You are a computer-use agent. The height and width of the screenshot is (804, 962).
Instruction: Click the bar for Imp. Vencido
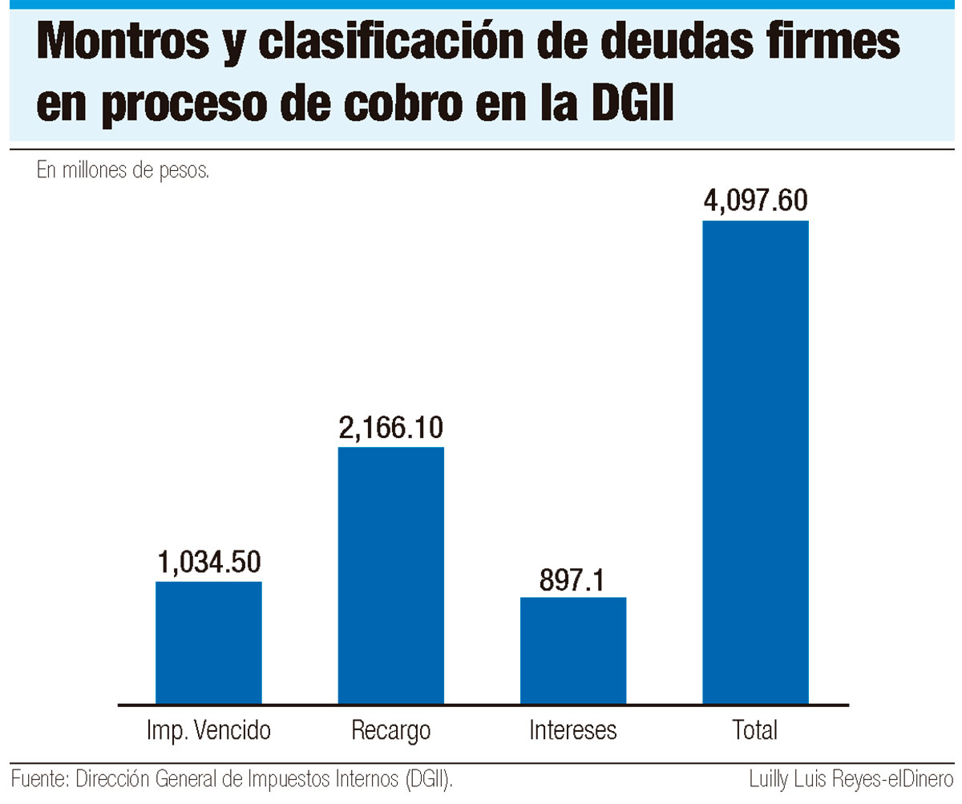pos(208,643)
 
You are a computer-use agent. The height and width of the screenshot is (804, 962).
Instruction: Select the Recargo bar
pos(390,575)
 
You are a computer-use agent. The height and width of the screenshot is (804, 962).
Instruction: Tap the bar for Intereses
pos(573,651)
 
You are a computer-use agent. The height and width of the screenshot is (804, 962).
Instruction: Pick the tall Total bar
pos(755,462)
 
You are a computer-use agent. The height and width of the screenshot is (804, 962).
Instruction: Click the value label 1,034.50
pos(209,562)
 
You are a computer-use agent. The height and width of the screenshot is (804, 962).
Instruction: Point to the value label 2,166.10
pos(390,428)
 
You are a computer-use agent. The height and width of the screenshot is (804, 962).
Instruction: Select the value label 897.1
pos(572,579)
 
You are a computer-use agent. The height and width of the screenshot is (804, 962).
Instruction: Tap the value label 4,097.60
pos(756,201)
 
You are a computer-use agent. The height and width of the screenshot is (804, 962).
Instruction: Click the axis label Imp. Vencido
pos(208,730)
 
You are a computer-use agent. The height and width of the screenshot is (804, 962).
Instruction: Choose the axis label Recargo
pos(390,731)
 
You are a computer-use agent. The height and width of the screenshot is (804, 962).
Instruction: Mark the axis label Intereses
pos(572,730)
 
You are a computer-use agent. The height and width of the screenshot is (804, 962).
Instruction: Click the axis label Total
pos(754,730)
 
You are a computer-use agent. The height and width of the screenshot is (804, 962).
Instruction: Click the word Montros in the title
pos(123,42)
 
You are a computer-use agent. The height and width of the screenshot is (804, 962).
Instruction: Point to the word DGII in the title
pos(633,103)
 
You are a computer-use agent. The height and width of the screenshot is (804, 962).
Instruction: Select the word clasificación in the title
pos(390,42)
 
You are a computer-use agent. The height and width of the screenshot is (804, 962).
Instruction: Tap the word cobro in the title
pos(403,103)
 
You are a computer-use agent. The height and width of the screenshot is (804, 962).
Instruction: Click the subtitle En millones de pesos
pos(123,170)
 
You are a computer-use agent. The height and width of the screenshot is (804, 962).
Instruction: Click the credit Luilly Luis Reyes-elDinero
pos(851,780)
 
